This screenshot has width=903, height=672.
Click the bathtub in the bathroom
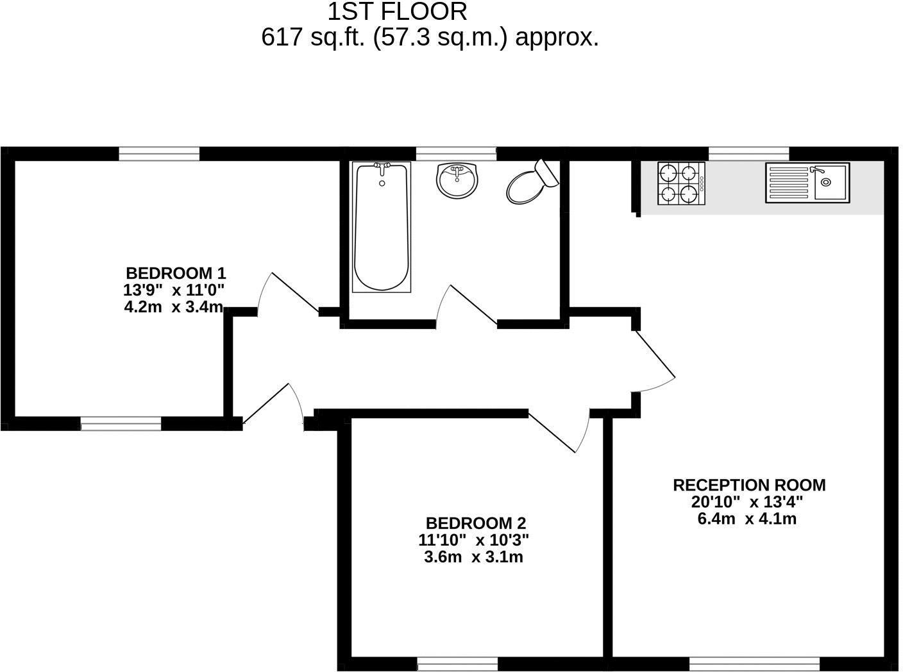point(382,228)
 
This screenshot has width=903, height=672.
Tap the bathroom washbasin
point(457,180)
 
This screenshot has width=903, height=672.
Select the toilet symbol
point(531,183)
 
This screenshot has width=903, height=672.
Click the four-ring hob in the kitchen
point(680,183)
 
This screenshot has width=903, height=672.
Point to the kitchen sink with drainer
point(807,183)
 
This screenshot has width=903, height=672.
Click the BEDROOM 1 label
point(175,273)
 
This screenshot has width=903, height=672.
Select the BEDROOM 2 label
point(475,523)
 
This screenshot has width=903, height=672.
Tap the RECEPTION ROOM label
point(748,485)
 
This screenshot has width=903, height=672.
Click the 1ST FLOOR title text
point(397,12)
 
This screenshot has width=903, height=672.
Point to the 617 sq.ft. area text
point(430,38)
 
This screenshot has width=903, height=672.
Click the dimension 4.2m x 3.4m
point(174,307)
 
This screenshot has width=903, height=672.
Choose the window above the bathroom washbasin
point(456,153)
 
